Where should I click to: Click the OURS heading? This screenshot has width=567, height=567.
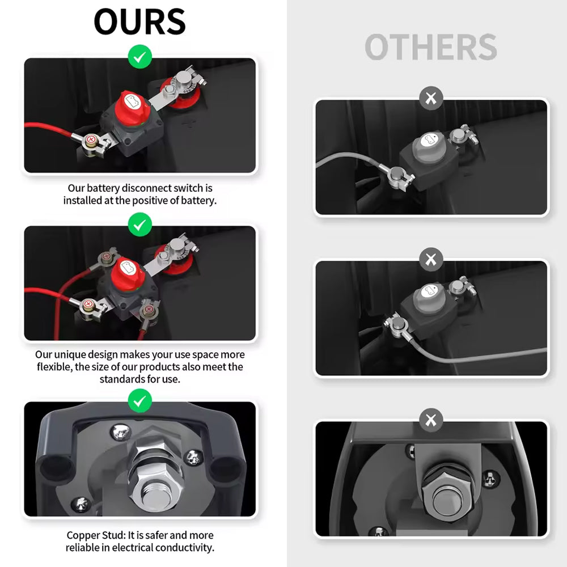[139, 22]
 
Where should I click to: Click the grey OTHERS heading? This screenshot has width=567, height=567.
[431, 48]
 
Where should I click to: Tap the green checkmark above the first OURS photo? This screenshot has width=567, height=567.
[140, 57]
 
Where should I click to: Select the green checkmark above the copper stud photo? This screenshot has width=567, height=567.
[140, 401]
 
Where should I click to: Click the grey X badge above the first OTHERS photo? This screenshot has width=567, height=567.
[431, 98]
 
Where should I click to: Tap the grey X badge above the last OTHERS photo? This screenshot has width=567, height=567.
[431, 420]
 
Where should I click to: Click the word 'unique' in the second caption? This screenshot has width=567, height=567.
[70, 355]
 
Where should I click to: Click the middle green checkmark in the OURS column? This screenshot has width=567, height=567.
[140, 225]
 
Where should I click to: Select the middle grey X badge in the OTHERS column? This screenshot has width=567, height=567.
[431, 259]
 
